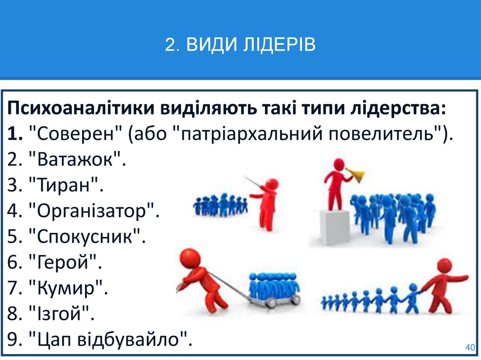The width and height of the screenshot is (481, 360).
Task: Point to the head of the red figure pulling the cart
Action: tap(190, 258)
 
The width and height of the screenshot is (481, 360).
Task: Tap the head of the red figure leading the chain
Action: tap(444, 266)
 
